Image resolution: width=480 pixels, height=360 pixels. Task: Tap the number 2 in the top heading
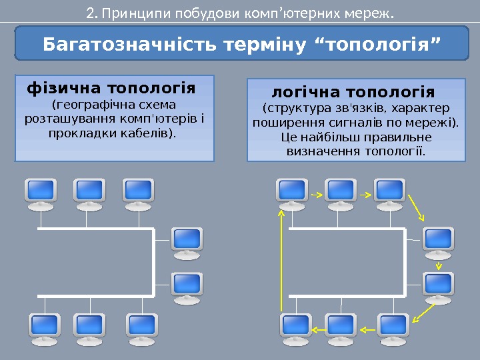[91, 13]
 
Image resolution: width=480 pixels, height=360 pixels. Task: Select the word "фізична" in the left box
[58, 88]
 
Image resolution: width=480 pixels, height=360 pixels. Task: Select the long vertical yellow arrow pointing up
[283, 260]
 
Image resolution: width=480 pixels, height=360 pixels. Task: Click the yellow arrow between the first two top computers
[315, 195]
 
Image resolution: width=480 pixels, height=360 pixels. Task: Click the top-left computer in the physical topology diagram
[40, 191]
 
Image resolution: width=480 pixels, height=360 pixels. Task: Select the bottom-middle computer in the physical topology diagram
[91, 326]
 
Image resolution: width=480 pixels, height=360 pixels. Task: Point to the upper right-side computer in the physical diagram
[187, 240]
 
